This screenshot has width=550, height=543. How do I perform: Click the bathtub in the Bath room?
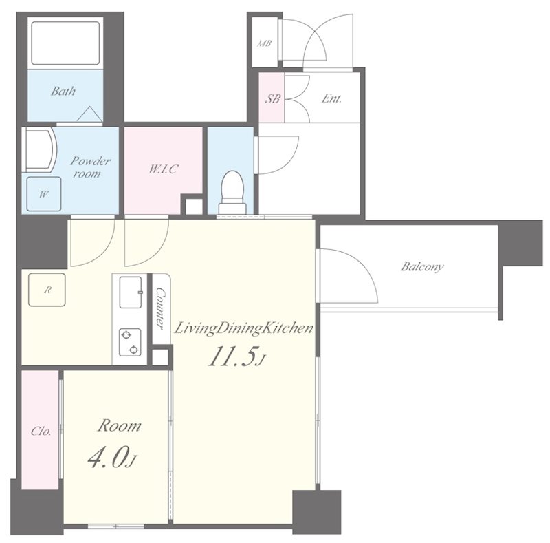(65, 43)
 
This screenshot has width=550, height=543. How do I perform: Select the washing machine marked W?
(44, 194)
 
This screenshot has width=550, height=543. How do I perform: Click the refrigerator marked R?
(47, 290)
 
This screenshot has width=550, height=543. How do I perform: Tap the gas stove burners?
(130, 342)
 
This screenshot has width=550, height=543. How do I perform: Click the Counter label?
(160, 308)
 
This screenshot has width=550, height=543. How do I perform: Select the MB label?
(264, 43)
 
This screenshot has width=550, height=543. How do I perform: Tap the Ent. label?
(331, 98)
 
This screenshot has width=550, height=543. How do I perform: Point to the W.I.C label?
(163, 169)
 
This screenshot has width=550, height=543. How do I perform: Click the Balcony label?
(422, 266)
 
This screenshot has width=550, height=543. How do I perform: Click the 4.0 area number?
(111, 458)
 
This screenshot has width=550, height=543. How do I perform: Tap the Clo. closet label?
(41, 431)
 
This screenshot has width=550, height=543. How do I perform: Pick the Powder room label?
(90, 167)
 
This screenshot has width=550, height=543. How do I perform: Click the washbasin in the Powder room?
(38, 149)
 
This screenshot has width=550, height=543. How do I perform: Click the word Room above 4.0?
(119, 426)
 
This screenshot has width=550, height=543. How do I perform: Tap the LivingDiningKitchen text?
(243, 329)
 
